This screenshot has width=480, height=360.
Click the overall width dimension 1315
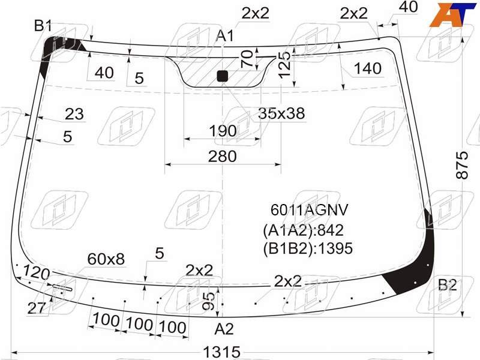(x=221, y=352)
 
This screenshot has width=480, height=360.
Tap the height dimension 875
(x=462, y=165)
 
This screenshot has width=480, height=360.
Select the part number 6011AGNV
(x=309, y=210)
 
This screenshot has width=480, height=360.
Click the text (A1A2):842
(x=303, y=230)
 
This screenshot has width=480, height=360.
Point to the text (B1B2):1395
(x=308, y=248)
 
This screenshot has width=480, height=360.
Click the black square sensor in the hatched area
(x=222, y=76)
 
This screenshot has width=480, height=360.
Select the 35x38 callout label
(x=281, y=113)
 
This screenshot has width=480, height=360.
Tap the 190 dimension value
(x=223, y=131)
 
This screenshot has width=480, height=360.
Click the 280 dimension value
(x=222, y=157)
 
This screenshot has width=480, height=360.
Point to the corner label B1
(x=43, y=25)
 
